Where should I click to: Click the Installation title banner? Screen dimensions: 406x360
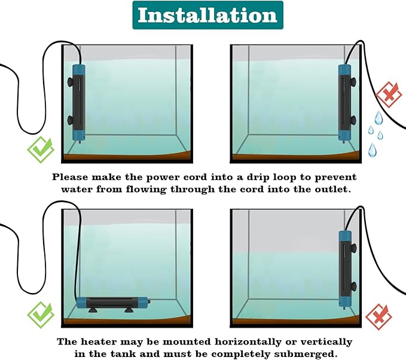[207, 15]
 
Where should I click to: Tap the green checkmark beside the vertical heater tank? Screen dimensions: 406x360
[41, 150]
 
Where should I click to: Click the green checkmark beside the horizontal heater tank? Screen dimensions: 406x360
[41, 315]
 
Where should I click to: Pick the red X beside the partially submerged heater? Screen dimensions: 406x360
[378, 317]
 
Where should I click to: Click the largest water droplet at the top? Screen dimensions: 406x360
[378, 117]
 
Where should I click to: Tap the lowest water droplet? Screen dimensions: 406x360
[373, 150]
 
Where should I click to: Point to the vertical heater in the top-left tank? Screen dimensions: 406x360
[78, 103]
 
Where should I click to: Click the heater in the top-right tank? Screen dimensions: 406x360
[345, 103]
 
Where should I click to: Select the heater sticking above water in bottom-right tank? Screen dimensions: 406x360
[346, 270]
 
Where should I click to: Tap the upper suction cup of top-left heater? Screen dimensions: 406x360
[70, 83]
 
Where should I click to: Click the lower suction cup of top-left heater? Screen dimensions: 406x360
[70, 120]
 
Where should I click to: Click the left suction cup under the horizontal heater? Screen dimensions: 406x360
[93, 310]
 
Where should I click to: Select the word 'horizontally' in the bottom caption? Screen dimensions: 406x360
[248, 342]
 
